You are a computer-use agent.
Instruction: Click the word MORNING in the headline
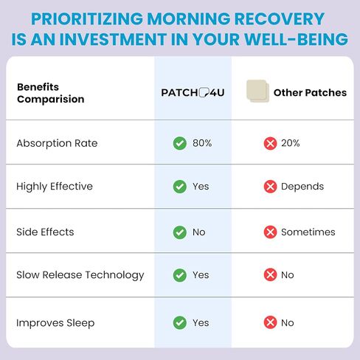189,18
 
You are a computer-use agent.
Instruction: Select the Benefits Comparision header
51,93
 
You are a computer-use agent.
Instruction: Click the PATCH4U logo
193,93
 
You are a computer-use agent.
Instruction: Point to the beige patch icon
257,91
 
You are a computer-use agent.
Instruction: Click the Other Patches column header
310,93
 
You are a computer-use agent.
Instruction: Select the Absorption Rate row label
57,143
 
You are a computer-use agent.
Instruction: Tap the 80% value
202,143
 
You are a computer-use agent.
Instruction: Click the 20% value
291,143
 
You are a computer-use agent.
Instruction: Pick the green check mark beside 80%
180,143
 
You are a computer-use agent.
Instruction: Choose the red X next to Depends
270,187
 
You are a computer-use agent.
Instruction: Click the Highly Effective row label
55,187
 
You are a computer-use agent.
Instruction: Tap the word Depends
302,187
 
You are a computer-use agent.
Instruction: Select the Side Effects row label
45,232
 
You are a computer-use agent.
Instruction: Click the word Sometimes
308,232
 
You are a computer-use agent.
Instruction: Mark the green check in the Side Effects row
180,232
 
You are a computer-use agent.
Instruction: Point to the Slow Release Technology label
80,275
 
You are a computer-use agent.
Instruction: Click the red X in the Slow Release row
270,274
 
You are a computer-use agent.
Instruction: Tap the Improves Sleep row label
55,323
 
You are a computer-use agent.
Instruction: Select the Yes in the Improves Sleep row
201,323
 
